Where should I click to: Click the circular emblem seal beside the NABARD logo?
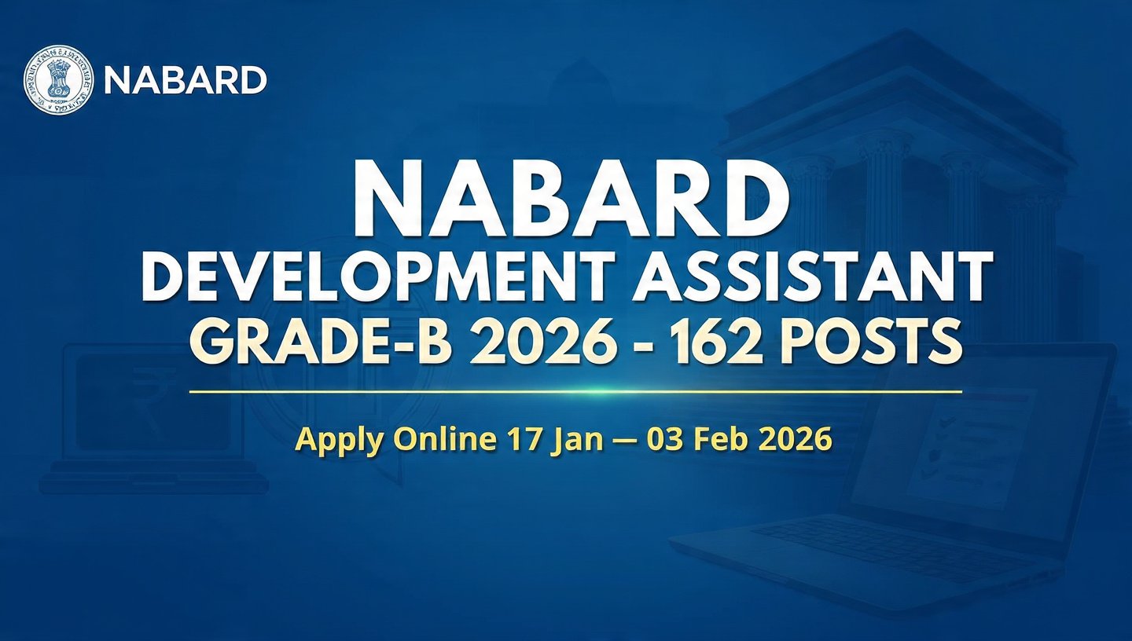click(x=59, y=79)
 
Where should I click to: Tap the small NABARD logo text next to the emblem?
click(x=186, y=80)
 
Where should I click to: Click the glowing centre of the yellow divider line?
click(x=575, y=390)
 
